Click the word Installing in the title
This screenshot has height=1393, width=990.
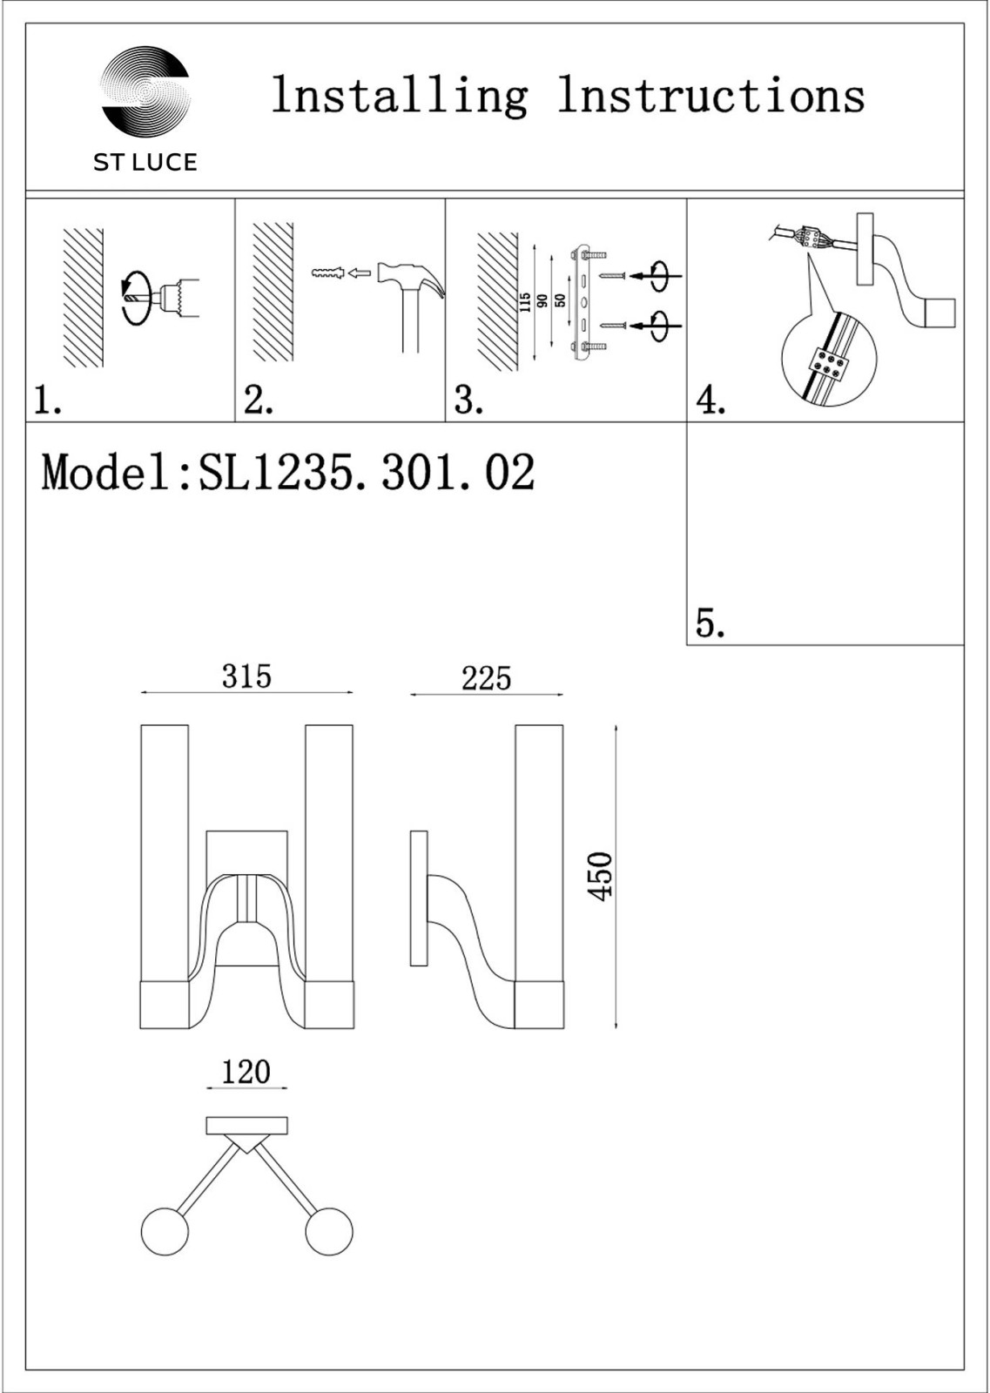click(400, 97)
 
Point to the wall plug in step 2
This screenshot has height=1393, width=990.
click(327, 273)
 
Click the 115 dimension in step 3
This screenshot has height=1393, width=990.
click(525, 303)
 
